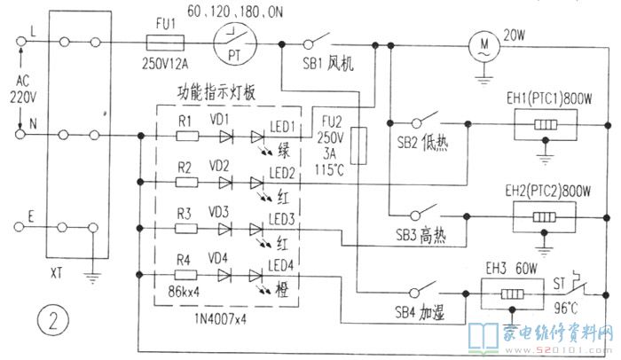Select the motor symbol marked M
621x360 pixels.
pyautogui.click(x=483, y=43)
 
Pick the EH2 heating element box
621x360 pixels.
pyautogui.click(x=541, y=215)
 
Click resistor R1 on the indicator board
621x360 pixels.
pyautogui.click(x=187, y=137)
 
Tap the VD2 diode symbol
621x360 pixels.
pyautogui.click(x=224, y=183)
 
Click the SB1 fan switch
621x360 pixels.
pyautogui.click(x=315, y=41)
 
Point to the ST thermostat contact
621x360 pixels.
pyautogui.click(x=576, y=288)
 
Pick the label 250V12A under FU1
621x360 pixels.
pyautogui.click(x=167, y=65)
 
